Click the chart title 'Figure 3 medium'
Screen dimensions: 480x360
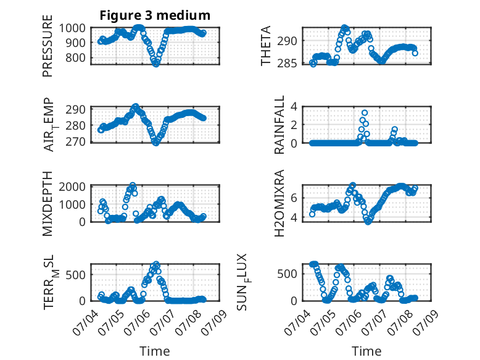(x=155, y=15)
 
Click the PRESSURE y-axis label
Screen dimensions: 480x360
(x=48, y=46)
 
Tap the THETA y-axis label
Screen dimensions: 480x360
(x=266, y=46)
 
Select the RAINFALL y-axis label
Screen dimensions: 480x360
(x=279, y=125)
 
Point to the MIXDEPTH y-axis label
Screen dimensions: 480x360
(x=48, y=204)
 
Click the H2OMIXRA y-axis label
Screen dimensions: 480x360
(x=279, y=203)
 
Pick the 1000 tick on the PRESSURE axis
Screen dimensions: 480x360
(x=72, y=28)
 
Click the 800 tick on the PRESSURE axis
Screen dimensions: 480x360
(x=76, y=57)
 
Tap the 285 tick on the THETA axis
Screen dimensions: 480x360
(x=288, y=64)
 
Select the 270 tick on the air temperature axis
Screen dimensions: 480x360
(x=76, y=142)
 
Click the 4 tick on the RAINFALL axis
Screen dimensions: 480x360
(x=294, y=107)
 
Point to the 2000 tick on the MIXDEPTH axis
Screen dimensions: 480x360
(x=72, y=186)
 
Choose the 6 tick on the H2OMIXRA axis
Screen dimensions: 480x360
(x=294, y=198)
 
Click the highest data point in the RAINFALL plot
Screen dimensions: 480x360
(x=365, y=113)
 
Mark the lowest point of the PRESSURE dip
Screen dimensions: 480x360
(x=156, y=64)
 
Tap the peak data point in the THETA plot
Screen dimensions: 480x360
(x=345, y=28)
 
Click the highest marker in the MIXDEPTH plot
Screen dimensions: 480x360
(x=133, y=185)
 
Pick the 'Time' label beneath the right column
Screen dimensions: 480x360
(x=366, y=351)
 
